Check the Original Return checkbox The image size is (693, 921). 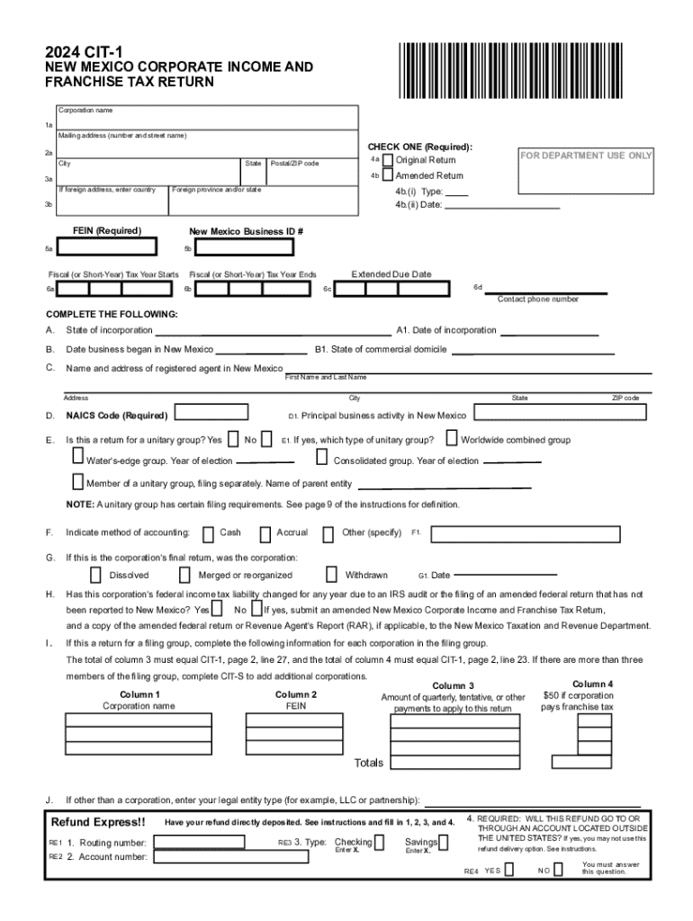click(388, 160)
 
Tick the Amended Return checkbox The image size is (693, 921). click(388, 176)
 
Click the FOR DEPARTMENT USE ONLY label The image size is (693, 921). click(585, 156)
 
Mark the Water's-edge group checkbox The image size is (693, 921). click(78, 460)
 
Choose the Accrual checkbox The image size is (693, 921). click(265, 533)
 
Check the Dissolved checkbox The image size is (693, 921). click(95, 575)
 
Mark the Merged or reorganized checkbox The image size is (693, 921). click(184, 575)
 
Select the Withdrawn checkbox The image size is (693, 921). click(331, 574)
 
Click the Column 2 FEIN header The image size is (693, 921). click(295, 701)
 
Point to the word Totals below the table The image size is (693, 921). click(369, 763)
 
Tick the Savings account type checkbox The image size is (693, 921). click(445, 843)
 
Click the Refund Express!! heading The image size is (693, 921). click(98, 822)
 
